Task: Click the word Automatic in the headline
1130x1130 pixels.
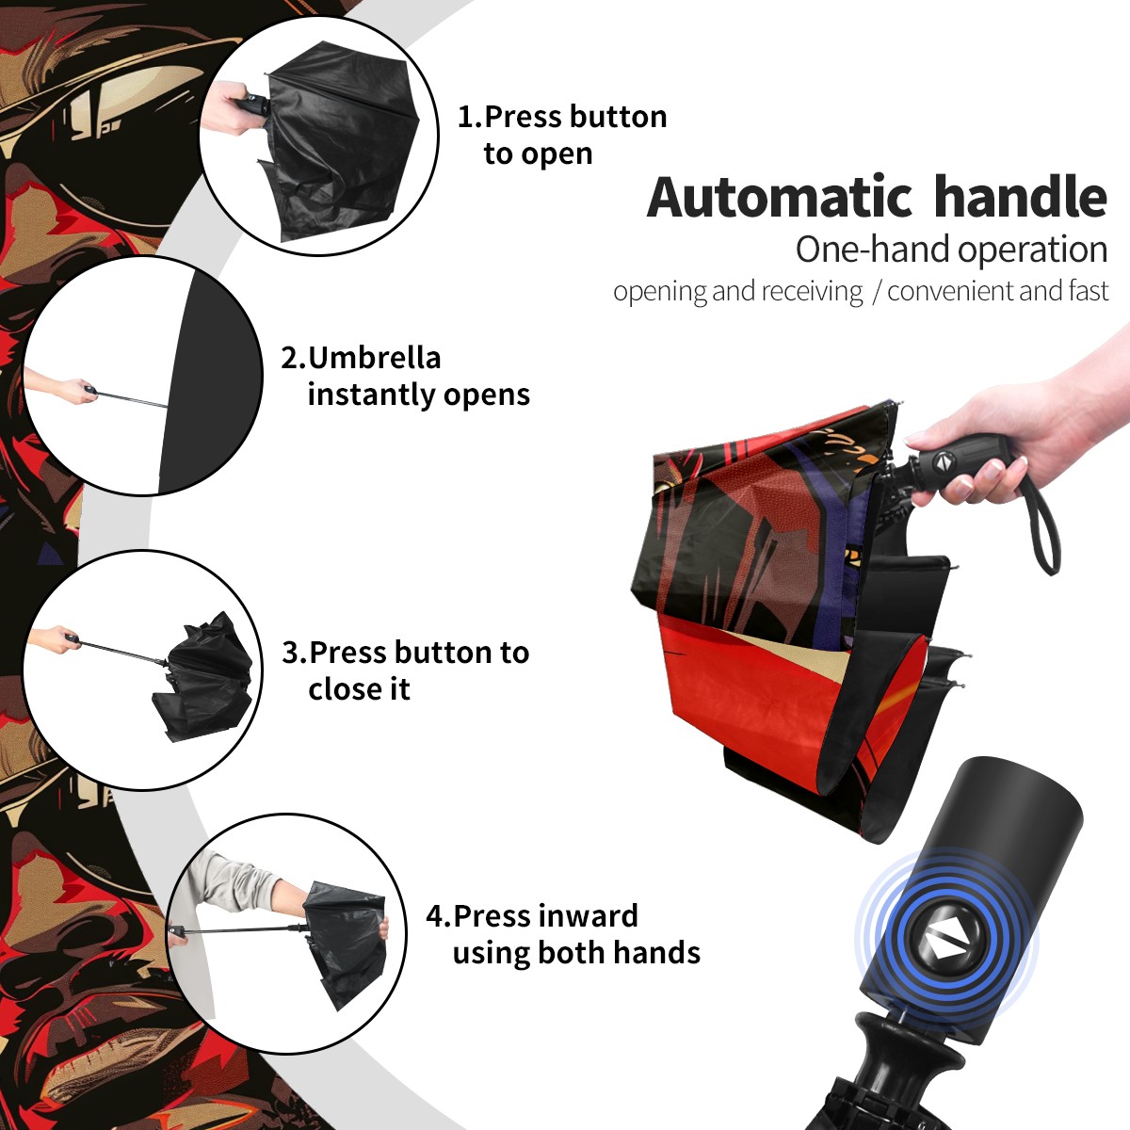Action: tap(780, 198)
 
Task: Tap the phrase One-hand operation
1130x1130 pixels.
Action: tap(951, 250)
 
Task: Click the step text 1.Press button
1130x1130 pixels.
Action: tap(562, 117)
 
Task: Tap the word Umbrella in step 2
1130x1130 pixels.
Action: tap(374, 358)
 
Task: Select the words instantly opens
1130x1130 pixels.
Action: tap(419, 395)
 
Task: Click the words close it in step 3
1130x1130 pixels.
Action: tap(359, 688)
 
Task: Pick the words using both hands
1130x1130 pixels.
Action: tap(576, 953)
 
